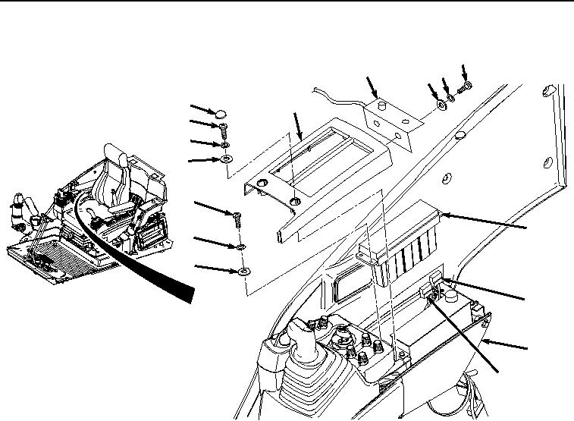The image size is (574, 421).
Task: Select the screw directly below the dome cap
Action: pyautogui.click(x=226, y=129)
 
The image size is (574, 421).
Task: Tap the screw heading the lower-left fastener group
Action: pyautogui.click(x=238, y=221)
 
